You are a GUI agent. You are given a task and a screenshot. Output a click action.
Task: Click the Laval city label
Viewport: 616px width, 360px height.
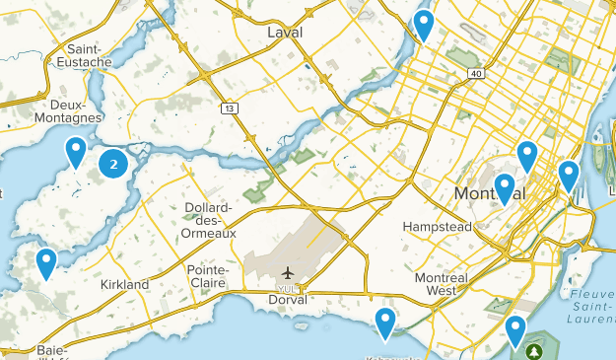285,33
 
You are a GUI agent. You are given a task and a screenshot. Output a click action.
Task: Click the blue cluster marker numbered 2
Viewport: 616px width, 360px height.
113,165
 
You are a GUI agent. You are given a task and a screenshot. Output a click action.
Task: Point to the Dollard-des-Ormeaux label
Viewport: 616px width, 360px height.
209,219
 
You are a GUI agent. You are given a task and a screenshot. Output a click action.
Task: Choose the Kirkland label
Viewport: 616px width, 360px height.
124,284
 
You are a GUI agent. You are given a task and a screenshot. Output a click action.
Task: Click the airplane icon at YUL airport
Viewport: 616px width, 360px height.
287,271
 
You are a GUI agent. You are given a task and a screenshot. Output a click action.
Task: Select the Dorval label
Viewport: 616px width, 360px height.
288,299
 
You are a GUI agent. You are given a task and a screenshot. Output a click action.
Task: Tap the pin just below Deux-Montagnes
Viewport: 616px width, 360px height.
76,152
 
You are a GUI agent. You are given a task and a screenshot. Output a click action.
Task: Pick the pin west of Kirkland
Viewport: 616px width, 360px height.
45,262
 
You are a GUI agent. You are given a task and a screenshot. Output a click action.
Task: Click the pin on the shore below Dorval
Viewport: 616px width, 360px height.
385,321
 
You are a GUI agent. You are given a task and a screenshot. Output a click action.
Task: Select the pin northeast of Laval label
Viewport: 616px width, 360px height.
424,24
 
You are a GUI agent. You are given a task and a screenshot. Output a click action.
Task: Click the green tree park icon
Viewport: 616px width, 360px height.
536,351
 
